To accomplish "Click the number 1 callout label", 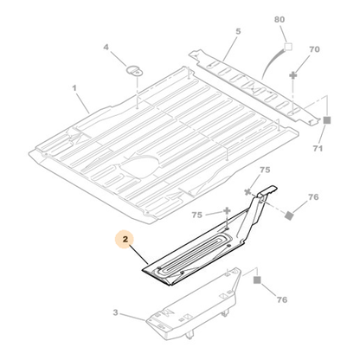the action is click(x=74, y=87).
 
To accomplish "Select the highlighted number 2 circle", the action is click(x=125, y=239).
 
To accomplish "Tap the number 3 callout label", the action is click(x=115, y=312).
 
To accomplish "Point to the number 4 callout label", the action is click(x=106, y=47).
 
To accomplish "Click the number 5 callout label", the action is click(x=238, y=31).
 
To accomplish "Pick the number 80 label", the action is click(x=280, y=20).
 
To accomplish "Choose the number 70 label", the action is click(x=314, y=49).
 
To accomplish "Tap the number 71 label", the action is click(x=318, y=148).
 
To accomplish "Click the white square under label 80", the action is click(x=288, y=47).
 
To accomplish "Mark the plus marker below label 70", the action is click(x=293, y=75).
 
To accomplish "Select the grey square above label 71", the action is click(x=326, y=120).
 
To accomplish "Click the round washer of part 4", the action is click(x=135, y=71).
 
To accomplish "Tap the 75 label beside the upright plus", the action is click(x=197, y=215).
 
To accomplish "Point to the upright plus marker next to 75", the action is click(x=227, y=210).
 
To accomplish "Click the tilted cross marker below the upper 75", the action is click(x=247, y=191).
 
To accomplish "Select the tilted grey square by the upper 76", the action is click(x=289, y=215).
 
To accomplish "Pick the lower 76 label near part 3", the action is click(x=282, y=299).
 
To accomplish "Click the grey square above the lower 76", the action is click(x=257, y=280).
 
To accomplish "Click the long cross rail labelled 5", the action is click(x=254, y=87).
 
